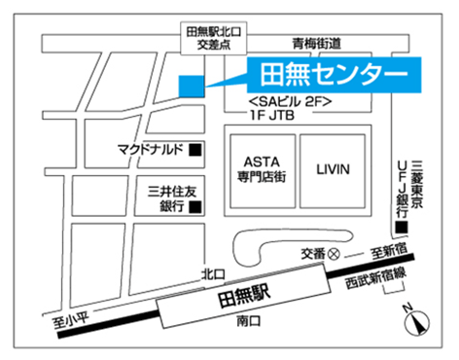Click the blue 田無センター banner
tap(332, 74)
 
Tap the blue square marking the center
tap(192, 86)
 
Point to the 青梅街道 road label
tap(317, 44)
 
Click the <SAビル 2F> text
tap(291, 101)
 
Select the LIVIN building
tap(333, 169)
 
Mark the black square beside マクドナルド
tap(194, 151)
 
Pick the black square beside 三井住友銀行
tap(194, 206)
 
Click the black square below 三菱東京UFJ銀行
tap(401, 229)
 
